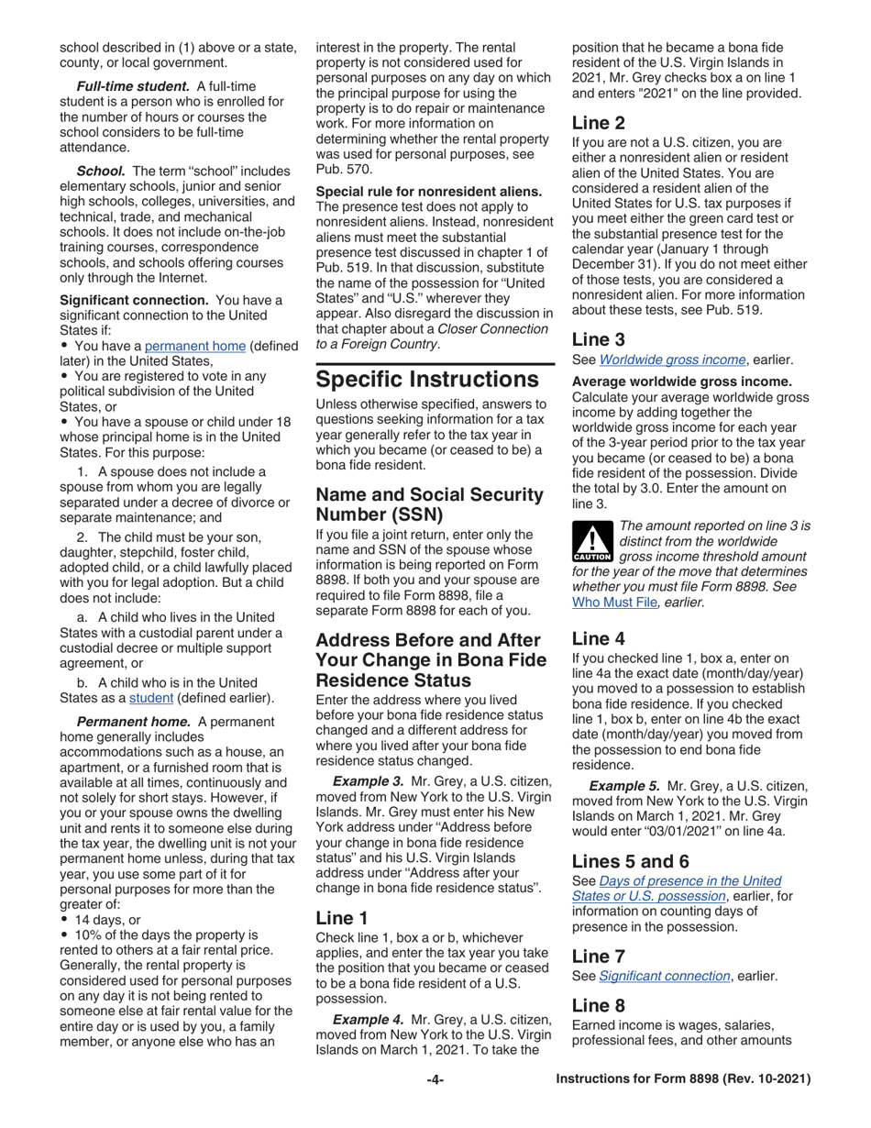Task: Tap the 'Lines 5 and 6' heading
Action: click(630, 861)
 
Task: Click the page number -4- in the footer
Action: click(435, 1080)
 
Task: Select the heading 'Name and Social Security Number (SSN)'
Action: click(429, 504)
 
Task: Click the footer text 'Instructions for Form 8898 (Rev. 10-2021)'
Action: click(683, 1080)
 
